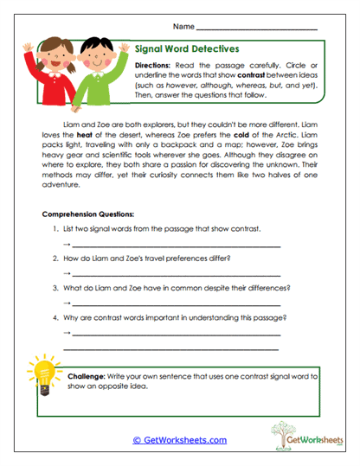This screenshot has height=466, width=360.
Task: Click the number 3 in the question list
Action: (x=55, y=288)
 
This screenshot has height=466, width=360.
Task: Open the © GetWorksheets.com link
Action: (x=179, y=440)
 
